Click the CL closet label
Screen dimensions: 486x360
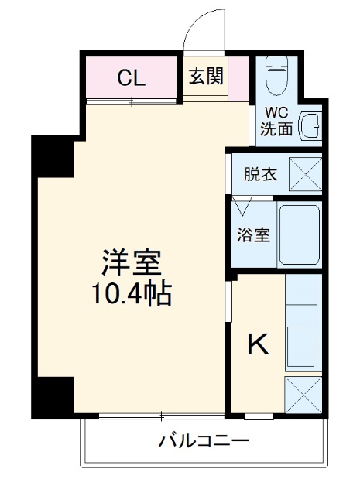tap(131, 77)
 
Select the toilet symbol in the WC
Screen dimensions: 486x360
tap(276, 76)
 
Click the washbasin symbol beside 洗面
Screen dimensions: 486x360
tap(310, 125)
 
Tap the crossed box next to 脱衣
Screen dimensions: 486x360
tap(305, 174)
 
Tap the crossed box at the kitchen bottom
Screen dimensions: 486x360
tap(303, 394)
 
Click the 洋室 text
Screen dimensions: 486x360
tap(131, 263)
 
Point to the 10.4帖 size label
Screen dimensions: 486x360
tap(131, 293)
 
